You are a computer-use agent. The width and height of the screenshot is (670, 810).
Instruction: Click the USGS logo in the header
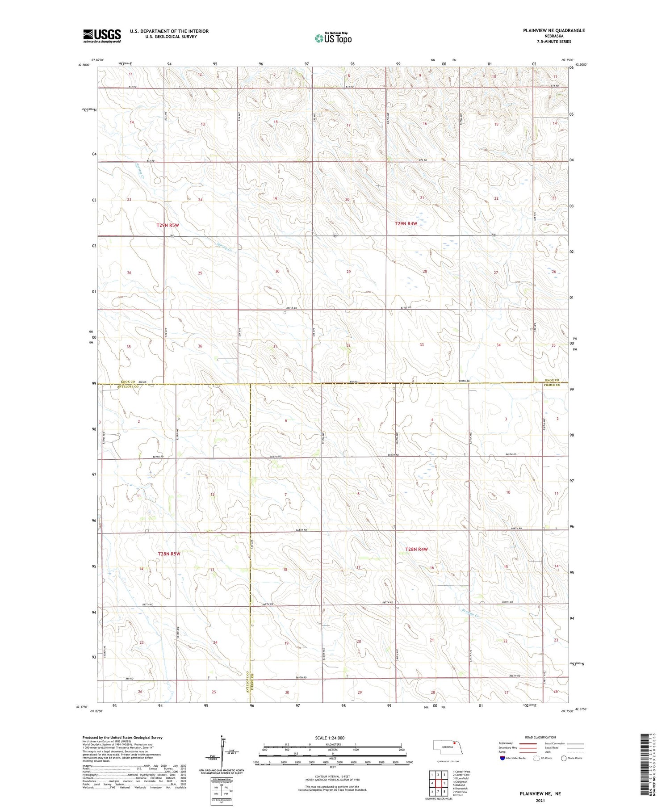(102, 36)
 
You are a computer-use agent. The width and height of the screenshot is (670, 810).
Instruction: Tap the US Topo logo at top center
(333, 38)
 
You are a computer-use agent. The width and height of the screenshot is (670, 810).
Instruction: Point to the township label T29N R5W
(168, 225)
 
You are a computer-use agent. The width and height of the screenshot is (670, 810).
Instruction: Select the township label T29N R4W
(406, 223)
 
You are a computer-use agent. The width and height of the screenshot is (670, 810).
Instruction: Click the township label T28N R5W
(169, 554)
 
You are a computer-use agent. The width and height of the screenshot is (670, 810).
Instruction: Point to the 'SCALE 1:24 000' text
(330, 738)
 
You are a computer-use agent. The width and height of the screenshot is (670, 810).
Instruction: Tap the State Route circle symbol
(564, 758)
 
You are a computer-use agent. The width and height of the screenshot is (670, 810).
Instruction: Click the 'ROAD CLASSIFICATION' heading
(540, 737)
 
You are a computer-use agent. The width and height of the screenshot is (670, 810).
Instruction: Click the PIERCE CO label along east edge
(552, 385)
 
